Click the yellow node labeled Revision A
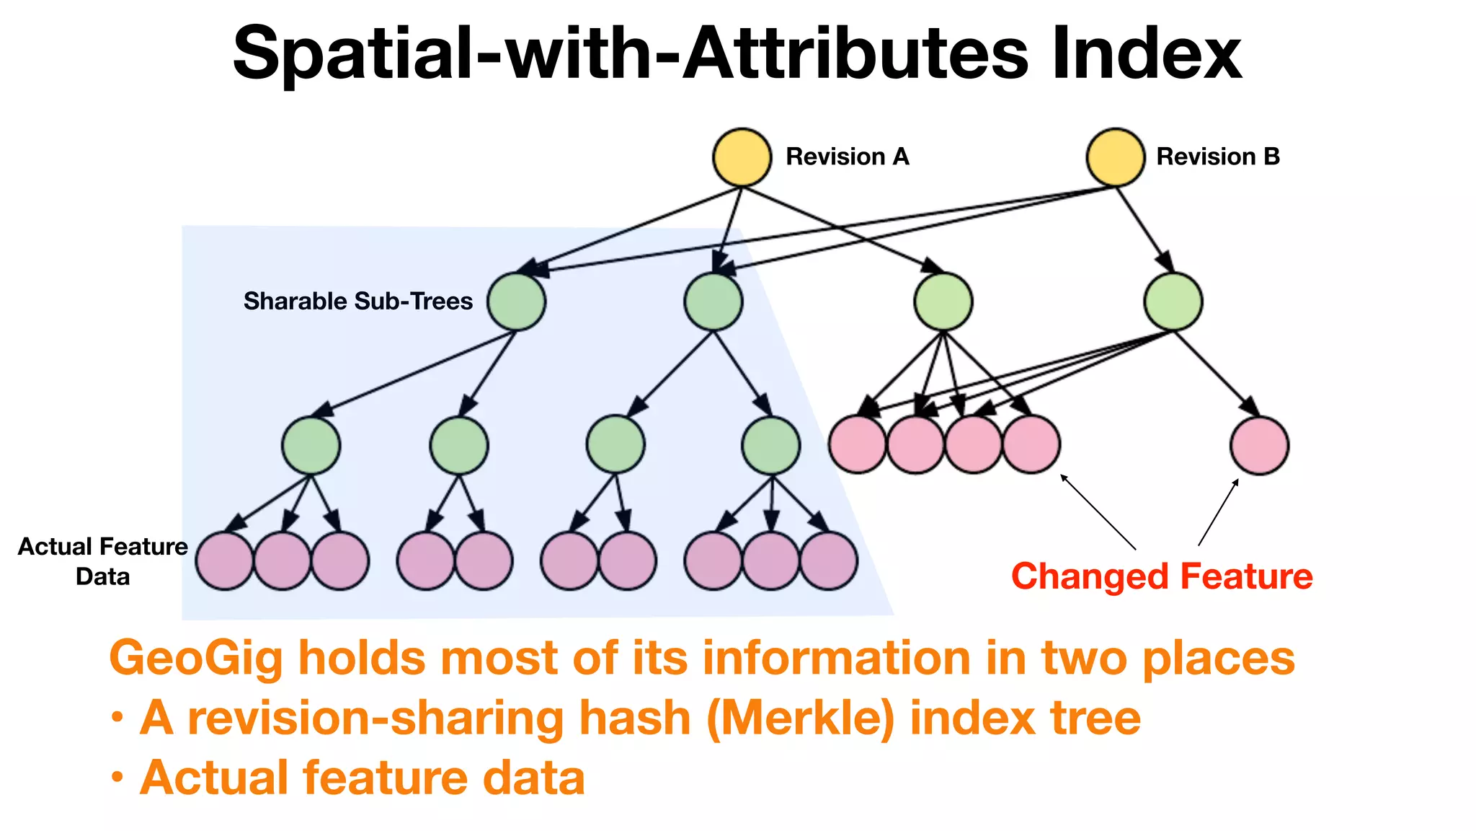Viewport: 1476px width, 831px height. point(742,157)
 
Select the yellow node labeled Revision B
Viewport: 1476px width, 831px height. point(1115,157)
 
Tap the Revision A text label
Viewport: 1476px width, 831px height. point(847,157)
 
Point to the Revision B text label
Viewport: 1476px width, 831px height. point(1217,157)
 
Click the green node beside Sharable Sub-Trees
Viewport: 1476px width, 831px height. point(516,302)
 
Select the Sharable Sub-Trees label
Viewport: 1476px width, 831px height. point(357,301)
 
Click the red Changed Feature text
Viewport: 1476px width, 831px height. point(1162,576)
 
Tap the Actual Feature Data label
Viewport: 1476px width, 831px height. point(102,561)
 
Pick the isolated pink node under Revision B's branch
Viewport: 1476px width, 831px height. point(1259,446)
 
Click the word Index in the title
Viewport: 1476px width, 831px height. point(1146,54)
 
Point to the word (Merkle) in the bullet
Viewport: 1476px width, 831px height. point(801,718)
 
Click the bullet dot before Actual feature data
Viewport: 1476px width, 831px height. point(117,778)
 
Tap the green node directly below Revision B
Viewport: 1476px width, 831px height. point(1173,302)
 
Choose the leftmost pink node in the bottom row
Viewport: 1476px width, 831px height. point(225,561)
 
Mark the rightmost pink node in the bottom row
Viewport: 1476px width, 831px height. point(829,561)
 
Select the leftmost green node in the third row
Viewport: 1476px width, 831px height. point(311,445)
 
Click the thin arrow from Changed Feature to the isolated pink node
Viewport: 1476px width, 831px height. point(1218,512)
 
